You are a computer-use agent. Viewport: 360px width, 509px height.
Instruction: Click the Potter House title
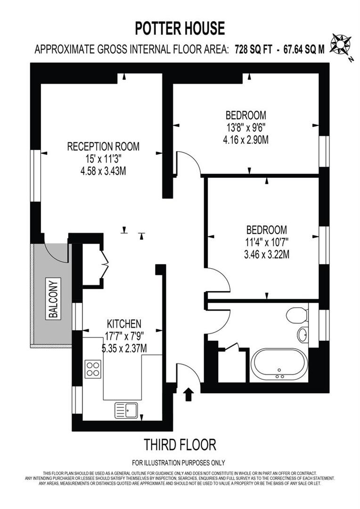click(180, 29)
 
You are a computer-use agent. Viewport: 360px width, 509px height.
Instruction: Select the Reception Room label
click(103, 147)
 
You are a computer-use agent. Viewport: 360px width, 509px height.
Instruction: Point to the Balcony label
click(53, 299)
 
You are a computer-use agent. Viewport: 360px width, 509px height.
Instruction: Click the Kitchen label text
click(124, 324)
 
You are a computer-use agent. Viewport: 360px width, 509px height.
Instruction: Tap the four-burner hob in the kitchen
click(93, 369)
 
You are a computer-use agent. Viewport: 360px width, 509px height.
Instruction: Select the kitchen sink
click(126, 410)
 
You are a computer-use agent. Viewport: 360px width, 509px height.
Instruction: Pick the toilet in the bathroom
click(297, 315)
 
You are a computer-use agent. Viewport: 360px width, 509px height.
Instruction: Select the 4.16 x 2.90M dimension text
click(246, 140)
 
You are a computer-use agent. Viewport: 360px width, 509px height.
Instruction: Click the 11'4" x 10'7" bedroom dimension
click(267, 243)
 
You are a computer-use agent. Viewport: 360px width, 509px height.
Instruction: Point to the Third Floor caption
click(180, 444)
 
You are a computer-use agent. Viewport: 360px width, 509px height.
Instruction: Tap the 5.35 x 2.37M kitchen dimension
click(124, 349)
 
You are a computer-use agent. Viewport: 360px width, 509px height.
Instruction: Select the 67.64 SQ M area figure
click(303, 49)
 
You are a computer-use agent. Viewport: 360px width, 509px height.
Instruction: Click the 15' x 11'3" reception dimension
click(103, 159)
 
